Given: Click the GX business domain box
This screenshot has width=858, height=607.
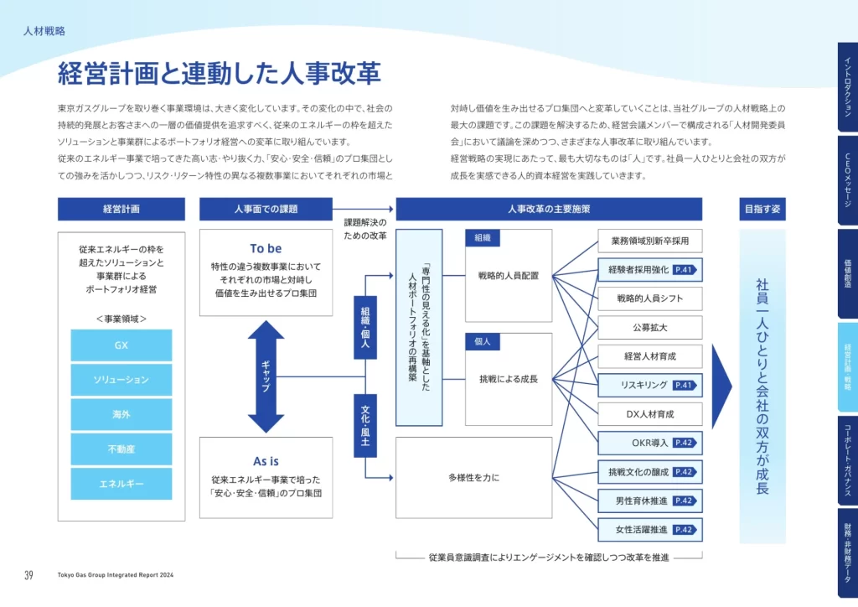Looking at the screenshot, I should (121, 345).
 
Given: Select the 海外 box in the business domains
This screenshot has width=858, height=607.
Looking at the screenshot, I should (121, 414).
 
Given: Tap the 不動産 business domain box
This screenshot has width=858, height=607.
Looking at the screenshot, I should (121, 449).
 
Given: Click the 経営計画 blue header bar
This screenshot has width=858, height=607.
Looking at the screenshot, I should (121, 209).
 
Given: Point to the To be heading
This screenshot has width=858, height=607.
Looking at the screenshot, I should (266, 248).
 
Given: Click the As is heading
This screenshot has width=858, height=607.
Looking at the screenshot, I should (266, 461).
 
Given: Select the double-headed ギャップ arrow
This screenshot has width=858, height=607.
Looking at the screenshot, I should (266, 377).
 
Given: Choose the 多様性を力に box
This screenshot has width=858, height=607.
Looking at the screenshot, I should (473, 478).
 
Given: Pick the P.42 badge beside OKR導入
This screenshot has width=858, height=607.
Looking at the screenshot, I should (684, 443).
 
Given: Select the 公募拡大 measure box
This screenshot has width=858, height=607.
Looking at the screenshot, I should (650, 327).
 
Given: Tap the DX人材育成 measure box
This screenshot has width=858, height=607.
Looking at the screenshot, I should (650, 414).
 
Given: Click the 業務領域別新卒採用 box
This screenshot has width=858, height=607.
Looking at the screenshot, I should (650, 241).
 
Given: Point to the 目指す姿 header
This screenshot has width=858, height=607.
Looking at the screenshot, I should (762, 209).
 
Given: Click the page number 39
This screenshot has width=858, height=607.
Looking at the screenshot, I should (28, 575).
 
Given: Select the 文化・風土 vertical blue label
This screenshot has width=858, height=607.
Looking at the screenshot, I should (365, 426).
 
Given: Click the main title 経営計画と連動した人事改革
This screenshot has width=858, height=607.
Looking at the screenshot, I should (220, 74).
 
